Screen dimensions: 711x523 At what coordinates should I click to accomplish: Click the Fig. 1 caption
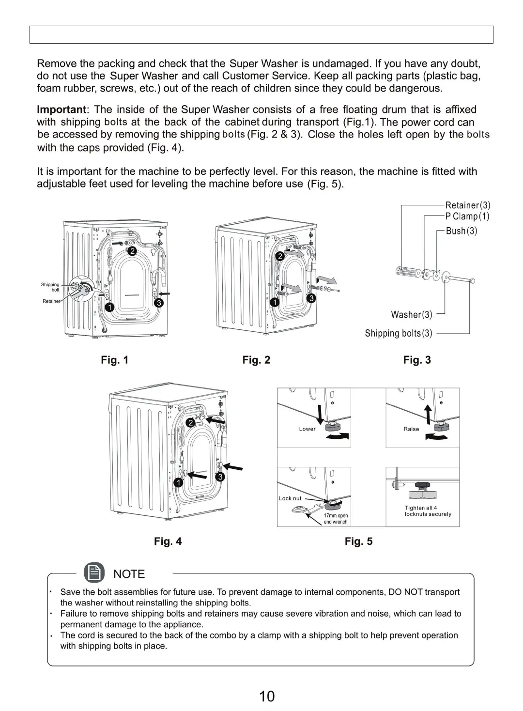coord(115,360)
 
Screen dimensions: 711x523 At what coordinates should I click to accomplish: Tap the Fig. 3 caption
coord(417,360)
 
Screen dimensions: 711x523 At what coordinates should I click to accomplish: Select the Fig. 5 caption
coord(358,541)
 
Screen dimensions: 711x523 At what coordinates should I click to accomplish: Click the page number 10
coord(267,696)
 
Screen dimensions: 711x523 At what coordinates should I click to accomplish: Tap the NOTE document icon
coord(94,573)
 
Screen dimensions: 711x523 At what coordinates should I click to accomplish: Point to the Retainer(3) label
coord(468,205)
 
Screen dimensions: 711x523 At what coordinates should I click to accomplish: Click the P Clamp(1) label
coord(467,216)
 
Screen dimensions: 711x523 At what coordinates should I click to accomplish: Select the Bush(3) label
coord(461,231)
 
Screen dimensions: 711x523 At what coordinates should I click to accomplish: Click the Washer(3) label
coord(412,315)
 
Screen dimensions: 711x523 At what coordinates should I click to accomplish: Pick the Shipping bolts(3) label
coord(399,333)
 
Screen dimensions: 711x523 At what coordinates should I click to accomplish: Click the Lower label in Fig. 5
coord(307,429)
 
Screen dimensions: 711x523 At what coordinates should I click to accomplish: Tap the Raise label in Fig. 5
coord(411,429)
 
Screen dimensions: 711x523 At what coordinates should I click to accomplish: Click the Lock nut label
coord(290,498)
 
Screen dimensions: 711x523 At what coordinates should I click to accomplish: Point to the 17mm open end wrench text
coord(336,519)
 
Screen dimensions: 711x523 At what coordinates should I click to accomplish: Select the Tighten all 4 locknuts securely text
coord(428,511)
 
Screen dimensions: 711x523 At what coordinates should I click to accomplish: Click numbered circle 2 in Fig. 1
coord(132,251)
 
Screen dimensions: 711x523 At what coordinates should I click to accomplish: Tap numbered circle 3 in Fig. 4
coord(220,477)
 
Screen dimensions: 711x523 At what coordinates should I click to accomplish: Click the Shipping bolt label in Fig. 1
coord(50,287)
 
